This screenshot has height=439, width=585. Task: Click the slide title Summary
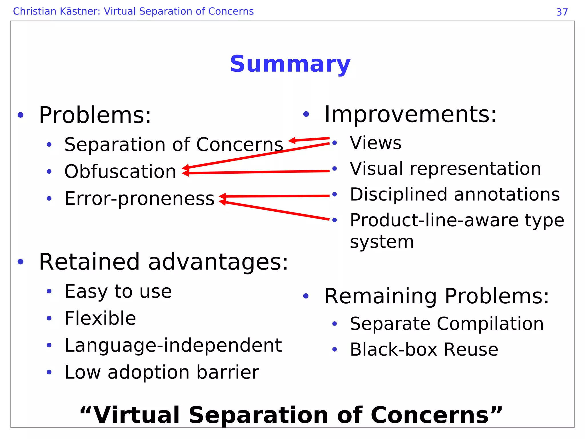(290, 64)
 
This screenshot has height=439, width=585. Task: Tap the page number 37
(562, 12)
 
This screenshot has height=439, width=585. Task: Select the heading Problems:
(95, 115)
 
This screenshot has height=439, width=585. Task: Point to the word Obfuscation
(120, 172)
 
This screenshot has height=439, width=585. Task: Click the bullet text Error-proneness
(139, 199)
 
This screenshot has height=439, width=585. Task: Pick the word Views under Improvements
(375, 143)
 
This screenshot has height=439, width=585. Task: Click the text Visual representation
(445, 169)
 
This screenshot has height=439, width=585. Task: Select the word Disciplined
(399, 195)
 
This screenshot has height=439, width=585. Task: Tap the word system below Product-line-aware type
(382, 242)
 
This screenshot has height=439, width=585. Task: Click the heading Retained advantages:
(163, 262)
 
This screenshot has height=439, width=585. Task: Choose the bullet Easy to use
(118, 292)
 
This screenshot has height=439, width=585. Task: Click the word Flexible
(100, 318)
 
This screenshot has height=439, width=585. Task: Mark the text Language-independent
(173, 345)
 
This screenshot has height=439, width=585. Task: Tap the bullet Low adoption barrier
(162, 372)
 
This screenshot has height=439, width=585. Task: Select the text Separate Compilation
(446, 324)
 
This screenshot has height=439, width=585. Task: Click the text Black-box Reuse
(424, 350)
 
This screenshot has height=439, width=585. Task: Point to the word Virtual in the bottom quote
(137, 415)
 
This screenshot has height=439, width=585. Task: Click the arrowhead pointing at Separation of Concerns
(292, 140)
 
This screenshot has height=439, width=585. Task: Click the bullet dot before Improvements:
(306, 114)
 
